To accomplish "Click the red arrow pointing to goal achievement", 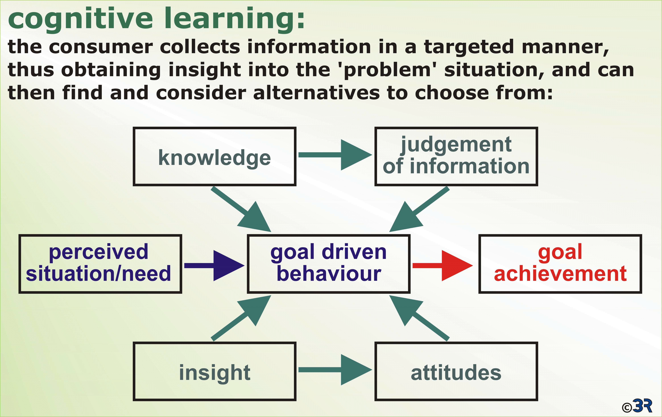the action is (443, 266).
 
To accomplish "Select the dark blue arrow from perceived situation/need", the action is (214, 266).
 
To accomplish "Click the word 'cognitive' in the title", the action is (81, 19).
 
